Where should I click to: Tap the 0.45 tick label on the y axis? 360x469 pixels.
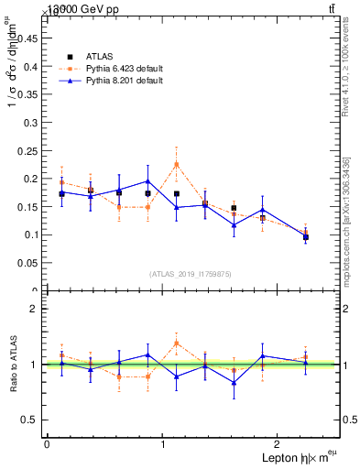(x=28, y=38)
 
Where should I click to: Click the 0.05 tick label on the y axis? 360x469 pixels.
(x=28, y=263)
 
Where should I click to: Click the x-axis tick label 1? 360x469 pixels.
(x=163, y=444)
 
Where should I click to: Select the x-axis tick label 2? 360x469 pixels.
(x=280, y=444)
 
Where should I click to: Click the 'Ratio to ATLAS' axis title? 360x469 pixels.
(x=12, y=365)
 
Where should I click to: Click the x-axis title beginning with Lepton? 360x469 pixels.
(x=298, y=458)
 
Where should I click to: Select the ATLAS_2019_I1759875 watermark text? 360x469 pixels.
(x=191, y=274)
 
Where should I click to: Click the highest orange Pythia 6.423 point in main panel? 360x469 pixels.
(x=176, y=164)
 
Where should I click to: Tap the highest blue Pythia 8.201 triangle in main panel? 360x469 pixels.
(x=147, y=180)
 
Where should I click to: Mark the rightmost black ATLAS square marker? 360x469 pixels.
(x=305, y=237)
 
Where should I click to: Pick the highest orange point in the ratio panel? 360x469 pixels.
(x=176, y=343)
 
